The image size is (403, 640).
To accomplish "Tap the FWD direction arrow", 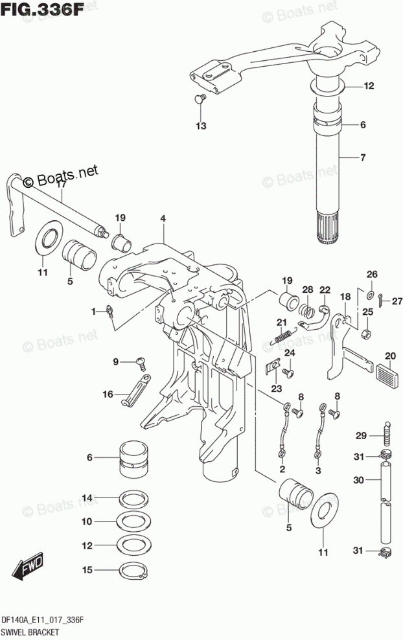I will pos(28,568).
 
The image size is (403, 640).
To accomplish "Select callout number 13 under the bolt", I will pos(201,125).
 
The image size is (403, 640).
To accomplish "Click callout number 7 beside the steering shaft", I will pos(363,157).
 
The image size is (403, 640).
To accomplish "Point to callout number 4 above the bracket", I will pos(163,219).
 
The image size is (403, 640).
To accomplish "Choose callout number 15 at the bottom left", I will pos(86,570).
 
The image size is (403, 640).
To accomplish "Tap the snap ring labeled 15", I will pos(133,570).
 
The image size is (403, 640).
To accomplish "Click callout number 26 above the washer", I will pos(372,274).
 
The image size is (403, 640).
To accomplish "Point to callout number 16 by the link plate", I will pos(108,393).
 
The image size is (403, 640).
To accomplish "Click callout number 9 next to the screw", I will pos(116,361).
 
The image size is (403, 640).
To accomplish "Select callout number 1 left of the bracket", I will pos(95,312).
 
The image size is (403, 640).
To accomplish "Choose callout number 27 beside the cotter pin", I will pos(397,299).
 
